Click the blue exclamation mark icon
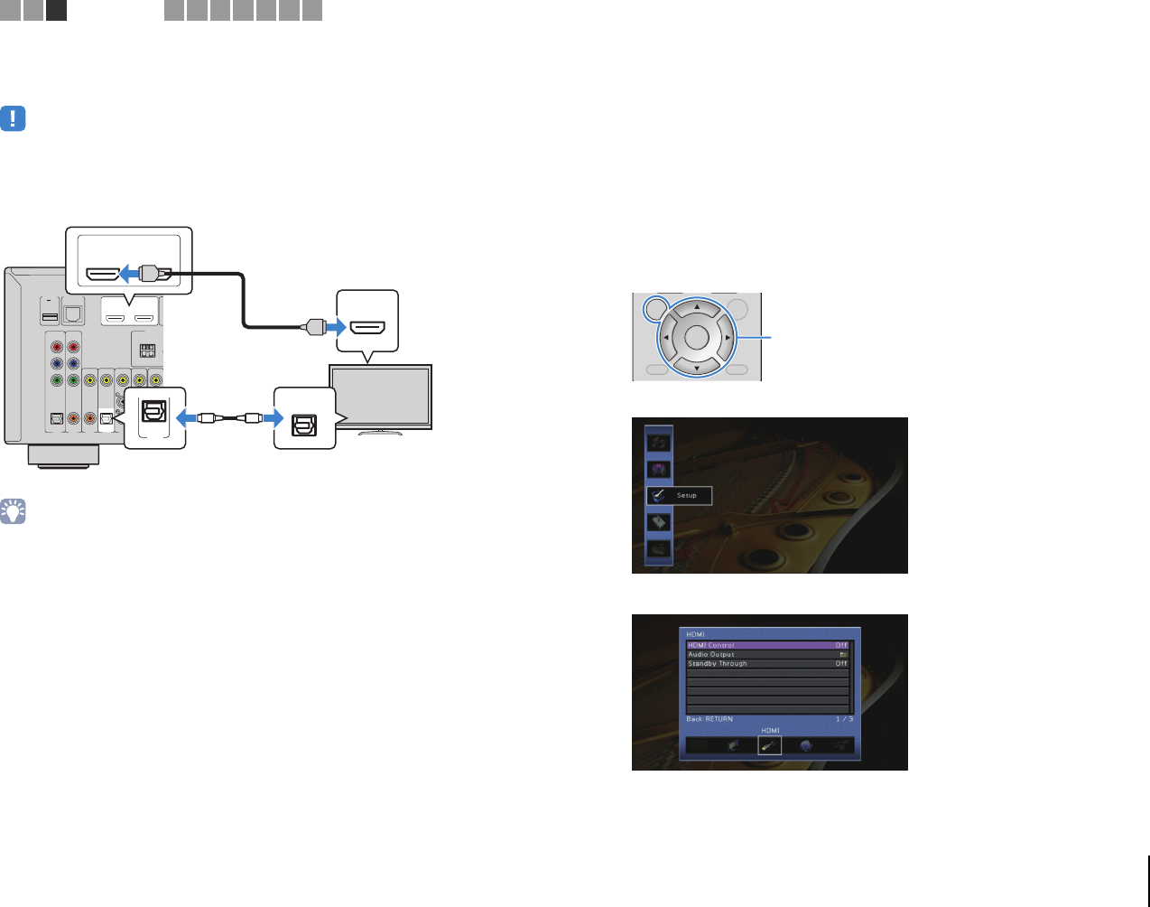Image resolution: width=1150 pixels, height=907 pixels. [x=13, y=118]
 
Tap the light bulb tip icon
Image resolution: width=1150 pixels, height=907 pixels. [x=13, y=511]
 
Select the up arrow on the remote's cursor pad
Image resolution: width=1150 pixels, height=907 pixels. [x=697, y=307]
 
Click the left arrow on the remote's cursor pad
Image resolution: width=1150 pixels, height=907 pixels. [x=666, y=338]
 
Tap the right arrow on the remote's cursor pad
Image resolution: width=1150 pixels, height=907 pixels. [x=728, y=338]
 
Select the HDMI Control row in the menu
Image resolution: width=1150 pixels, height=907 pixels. [x=767, y=645]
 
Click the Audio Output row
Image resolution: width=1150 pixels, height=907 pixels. [x=767, y=654]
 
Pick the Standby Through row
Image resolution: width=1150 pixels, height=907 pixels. [x=767, y=663]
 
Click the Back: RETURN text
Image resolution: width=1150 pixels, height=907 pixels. [x=709, y=719]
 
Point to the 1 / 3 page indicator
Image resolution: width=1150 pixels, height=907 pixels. [x=844, y=719]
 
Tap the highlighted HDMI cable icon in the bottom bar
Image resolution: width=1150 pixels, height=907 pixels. [x=769, y=745]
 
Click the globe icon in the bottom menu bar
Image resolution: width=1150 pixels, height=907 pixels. [x=806, y=745]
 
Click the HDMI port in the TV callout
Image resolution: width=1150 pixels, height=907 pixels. [x=367, y=327]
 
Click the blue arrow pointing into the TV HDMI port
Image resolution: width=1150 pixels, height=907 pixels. [x=335, y=326]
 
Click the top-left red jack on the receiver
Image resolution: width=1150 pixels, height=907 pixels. [x=57, y=346]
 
